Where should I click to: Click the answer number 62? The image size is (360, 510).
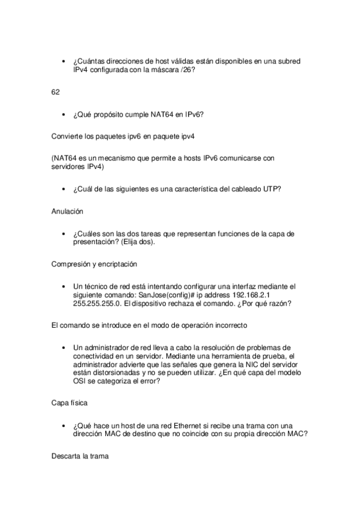tap(55, 91)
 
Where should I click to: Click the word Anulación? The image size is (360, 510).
tap(67, 211)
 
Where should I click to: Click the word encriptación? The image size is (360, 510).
tap(131, 263)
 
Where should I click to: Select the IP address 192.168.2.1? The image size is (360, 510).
tap(255, 295)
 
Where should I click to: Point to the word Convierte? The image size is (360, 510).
tap(69, 137)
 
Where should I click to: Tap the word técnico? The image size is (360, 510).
tap(99, 286)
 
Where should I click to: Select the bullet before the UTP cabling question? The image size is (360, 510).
tap(64, 189)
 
